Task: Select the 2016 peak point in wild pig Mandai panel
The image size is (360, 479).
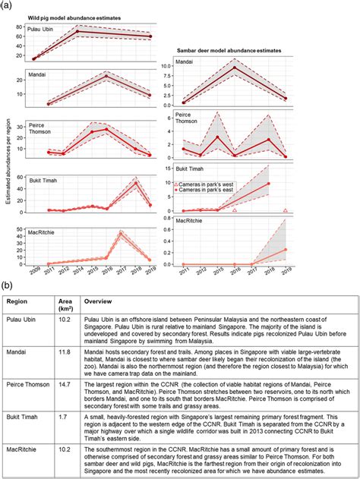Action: click(x=106, y=77)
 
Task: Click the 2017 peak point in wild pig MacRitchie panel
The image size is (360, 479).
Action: click(x=122, y=234)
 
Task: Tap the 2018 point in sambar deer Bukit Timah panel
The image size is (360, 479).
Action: click(x=268, y=184)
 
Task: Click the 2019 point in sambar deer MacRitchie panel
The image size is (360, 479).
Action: click(x=285, y=249)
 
